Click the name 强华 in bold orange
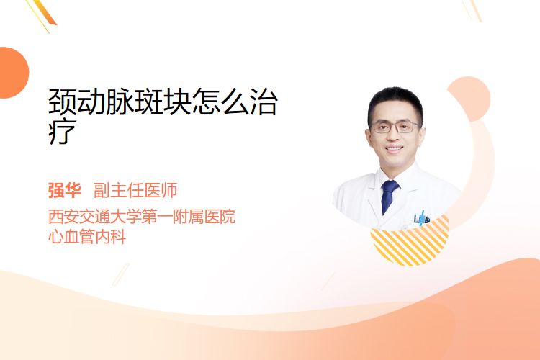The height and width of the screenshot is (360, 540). [x=64, y=191]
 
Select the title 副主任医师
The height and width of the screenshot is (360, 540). [x=135, y=191]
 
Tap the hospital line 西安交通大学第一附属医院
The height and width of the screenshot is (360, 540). [x=142, y=216]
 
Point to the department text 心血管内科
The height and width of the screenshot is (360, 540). [x=87, y=237]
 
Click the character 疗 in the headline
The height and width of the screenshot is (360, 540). [x=63, y=132]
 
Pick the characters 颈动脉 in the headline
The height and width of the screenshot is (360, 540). [x=91, y=102]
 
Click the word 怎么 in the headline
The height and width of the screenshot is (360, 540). [x=220, y=102]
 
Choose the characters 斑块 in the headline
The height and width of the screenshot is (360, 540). [x=163, y=102]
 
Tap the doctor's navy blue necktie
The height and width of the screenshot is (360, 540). [x=389, y=197]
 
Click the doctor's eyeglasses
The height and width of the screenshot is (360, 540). [x=395, y=127]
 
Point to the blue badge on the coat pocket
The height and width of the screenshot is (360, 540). [x=422, y=218]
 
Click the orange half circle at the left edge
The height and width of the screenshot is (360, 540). [x=13, y=73]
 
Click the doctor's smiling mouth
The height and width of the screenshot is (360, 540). [x=394, y=149]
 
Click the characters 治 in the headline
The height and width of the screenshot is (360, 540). [x=264, y=102]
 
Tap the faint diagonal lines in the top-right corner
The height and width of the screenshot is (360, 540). [x=472, y=10]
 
